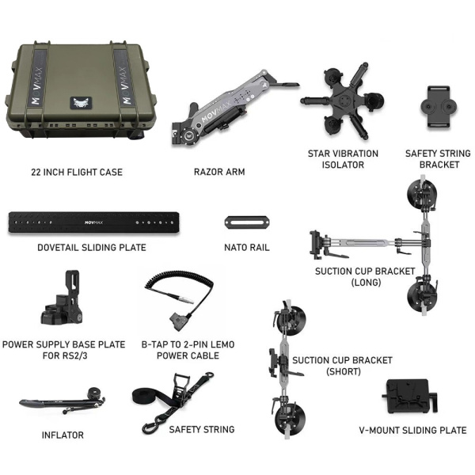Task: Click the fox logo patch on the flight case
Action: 81,103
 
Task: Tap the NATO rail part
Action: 247,222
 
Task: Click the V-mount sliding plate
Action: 409,397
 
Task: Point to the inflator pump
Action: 62,401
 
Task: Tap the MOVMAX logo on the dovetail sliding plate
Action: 93,222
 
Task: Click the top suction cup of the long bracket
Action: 422,195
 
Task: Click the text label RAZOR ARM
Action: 219,172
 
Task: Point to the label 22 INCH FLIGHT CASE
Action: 77,172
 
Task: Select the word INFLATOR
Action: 63,435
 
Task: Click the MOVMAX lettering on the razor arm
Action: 216,111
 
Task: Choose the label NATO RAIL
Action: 247,248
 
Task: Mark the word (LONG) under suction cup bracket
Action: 366,283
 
